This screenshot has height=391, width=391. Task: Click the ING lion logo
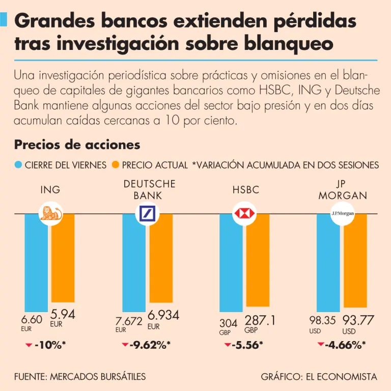[x=49, y=213]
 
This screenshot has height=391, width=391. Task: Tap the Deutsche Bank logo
[x=147, y=213]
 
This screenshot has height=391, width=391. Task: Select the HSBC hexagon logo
[x=244, y=213]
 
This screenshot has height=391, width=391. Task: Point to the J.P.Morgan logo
[x=342, y=213]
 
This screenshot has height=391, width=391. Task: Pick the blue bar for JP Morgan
[x=328, y=262]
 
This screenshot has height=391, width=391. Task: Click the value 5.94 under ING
[x=63, y=315]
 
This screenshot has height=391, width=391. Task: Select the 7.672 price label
[x=129, y=321]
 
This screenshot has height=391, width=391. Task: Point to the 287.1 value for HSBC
[x=260, y=320]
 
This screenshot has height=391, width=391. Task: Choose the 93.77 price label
[x=358, y=320]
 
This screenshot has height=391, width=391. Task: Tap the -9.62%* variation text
[x=150, y=346]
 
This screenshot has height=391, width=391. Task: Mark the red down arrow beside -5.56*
[x=227, y=345]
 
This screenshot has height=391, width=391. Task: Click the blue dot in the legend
[x=18, y=165]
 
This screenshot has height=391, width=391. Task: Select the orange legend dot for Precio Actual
[x=115, y=165]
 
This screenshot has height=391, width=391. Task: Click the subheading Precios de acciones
[x=77, y=145]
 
